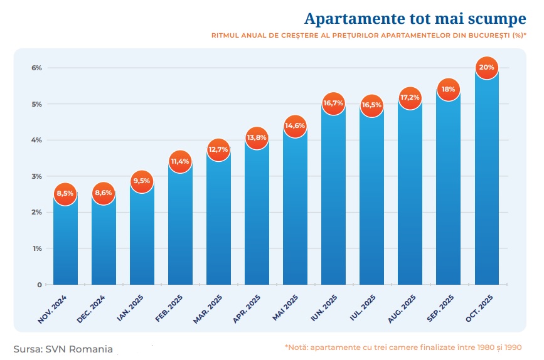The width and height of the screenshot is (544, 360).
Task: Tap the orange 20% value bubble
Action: [x=486, y=67]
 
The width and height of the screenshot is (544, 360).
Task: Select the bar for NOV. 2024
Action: [x=65, y=241]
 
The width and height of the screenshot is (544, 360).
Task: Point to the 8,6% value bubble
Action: [x=103, y=193]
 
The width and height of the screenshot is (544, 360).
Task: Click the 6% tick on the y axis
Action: [x=36, y=68]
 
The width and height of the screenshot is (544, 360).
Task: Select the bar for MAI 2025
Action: [x=295, y=207]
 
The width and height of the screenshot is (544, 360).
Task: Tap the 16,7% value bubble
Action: [x=333, y=103]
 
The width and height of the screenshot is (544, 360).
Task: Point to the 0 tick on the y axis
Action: [x=39, y=285]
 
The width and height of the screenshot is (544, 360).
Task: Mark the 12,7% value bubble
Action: [x=218, y=149]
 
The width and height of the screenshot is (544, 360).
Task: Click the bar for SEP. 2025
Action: [x=448, y=188]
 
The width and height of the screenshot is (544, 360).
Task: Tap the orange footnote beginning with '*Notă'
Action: [x=403, y=347]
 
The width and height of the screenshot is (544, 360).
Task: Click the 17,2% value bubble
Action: [x=410, y=98]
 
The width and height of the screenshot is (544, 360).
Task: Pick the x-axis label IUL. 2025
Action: [x=363, y=307]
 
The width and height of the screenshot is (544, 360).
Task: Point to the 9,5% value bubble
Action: [x=141, y=181]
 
